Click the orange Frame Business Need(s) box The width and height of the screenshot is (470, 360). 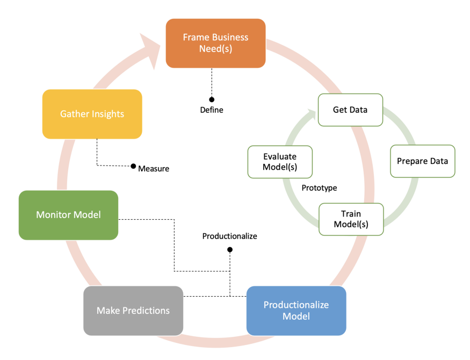coord(215,43)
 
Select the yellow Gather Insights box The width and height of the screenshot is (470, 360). coord(92,114)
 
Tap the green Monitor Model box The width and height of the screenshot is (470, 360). coord(68,215)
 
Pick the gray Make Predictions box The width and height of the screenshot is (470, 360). coord(133,311)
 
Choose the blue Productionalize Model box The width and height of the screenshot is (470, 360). coord(296,311)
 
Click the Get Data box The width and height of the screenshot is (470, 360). coord(350,110)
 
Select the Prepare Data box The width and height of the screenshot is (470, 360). coord(422,161)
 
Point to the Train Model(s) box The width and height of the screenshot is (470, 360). coord(351,219)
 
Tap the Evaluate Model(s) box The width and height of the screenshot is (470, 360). coord(279,162)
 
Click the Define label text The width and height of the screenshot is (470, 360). coord(212,110)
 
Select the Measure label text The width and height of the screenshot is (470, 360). coord(154,169)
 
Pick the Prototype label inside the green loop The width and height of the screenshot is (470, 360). coord(319,188)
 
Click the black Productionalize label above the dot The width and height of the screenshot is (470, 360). coord(229,236)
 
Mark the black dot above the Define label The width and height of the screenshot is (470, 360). coord(212,99)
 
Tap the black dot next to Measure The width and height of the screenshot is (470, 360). coord(133,167)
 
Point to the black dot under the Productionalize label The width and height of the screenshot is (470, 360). coord(230,249)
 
